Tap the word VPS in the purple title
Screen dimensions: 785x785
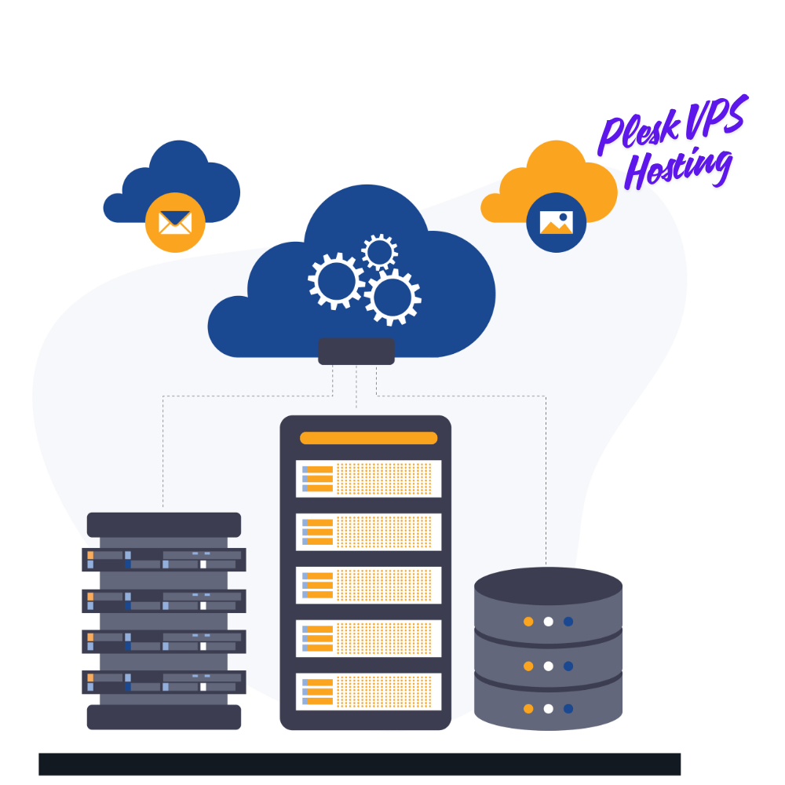click(x=716, y=116)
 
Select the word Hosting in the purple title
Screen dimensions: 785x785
click(x=679, y=168)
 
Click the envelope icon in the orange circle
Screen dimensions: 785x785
click(x=175, y=222)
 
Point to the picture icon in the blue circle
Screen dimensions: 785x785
click(x=557, y=222)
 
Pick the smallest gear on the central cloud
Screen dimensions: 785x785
click(x=379, y=252)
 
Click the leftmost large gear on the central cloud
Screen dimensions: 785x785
click(x=336, y=281)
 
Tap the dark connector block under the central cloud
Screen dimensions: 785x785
click(x=356, y=351)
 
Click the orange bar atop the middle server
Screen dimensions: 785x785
click(x=368, y=438)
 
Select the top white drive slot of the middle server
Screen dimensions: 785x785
click(x=368, y=479)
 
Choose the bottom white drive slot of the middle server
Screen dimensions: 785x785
click(x=368, y=692)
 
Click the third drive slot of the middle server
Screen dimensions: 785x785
click(x=368, y=585)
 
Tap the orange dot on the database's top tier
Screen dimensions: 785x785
click(x=528, y=621)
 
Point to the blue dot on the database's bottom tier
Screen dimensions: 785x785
click(x=568, y=708)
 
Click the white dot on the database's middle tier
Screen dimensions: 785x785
click(x=548, y=666)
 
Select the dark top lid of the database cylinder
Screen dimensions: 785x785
click(x=548, y=586)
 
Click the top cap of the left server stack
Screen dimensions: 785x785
click(x=164, y=524)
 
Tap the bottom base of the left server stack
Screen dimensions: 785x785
click(x=164, y=717)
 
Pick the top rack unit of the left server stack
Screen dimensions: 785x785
click(x=164, y=560)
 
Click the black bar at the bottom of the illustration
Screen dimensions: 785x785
click(x=360, y=764)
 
